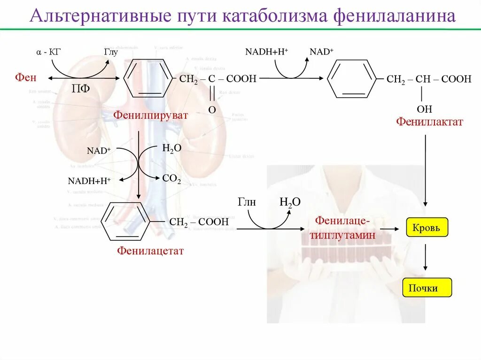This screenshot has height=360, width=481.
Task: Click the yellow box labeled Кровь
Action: (x=427, y=228)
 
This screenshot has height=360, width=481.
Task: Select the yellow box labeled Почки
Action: (x=427, y=287)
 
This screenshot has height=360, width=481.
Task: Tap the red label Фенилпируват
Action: (x=150, y=115)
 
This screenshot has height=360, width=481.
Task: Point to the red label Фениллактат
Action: (x=429, y=122)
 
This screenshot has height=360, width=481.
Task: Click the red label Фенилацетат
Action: (x=150, y=251)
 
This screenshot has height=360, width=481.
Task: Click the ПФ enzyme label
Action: (x=80, y=89)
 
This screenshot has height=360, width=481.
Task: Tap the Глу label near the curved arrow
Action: (x=110, y=52)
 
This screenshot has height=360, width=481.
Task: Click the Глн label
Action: (x=247, y=202)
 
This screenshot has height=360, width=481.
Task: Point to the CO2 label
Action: (x=171, y=178)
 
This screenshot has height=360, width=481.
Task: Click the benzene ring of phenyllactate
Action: (x=352, y=79)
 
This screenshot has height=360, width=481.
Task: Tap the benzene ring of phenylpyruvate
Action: (x=148, y=78)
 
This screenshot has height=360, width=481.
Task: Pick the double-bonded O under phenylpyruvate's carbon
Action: (x=212, y=109)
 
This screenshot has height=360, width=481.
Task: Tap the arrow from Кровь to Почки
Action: (x=426, y=258)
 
